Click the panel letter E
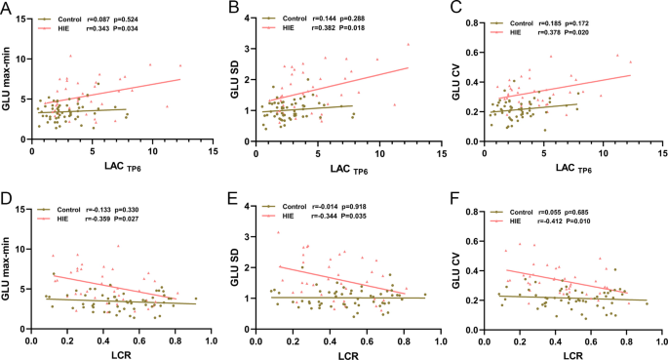tap(233, 198)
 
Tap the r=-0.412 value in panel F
tap(567, 218)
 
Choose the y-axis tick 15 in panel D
tap(20, 206)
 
